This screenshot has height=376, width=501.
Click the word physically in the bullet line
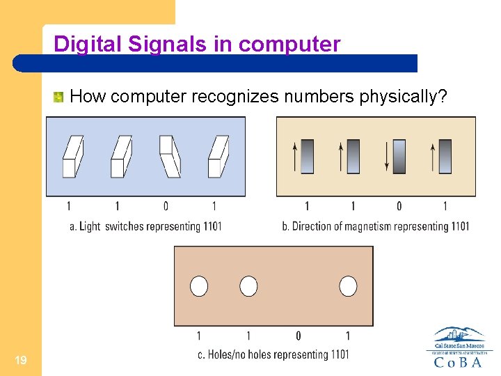pos(408,97)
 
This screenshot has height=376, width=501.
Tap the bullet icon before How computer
pos(59,97)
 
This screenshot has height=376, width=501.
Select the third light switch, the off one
pos(170,156)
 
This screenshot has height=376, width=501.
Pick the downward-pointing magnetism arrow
pos(386,156)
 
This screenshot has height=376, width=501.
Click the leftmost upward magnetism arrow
pos(294,156)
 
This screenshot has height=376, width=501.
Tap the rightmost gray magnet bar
pos(445,156)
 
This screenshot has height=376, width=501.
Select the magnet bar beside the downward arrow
pos(399,156)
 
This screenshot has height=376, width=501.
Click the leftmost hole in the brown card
pos(200,286)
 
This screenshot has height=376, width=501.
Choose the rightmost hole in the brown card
pos(348,286)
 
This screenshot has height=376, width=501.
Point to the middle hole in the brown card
pos(248,286)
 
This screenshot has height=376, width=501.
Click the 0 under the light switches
pos(166,206)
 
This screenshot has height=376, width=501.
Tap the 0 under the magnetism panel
pos(399,206)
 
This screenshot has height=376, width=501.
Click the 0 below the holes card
pos(299,336)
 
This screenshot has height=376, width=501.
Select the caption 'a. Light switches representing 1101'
pos(145,226)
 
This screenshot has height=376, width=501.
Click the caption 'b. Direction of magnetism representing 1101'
pos(376,226)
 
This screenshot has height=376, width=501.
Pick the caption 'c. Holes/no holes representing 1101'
pos(273,355)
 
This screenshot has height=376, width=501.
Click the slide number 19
pos(21,360)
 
